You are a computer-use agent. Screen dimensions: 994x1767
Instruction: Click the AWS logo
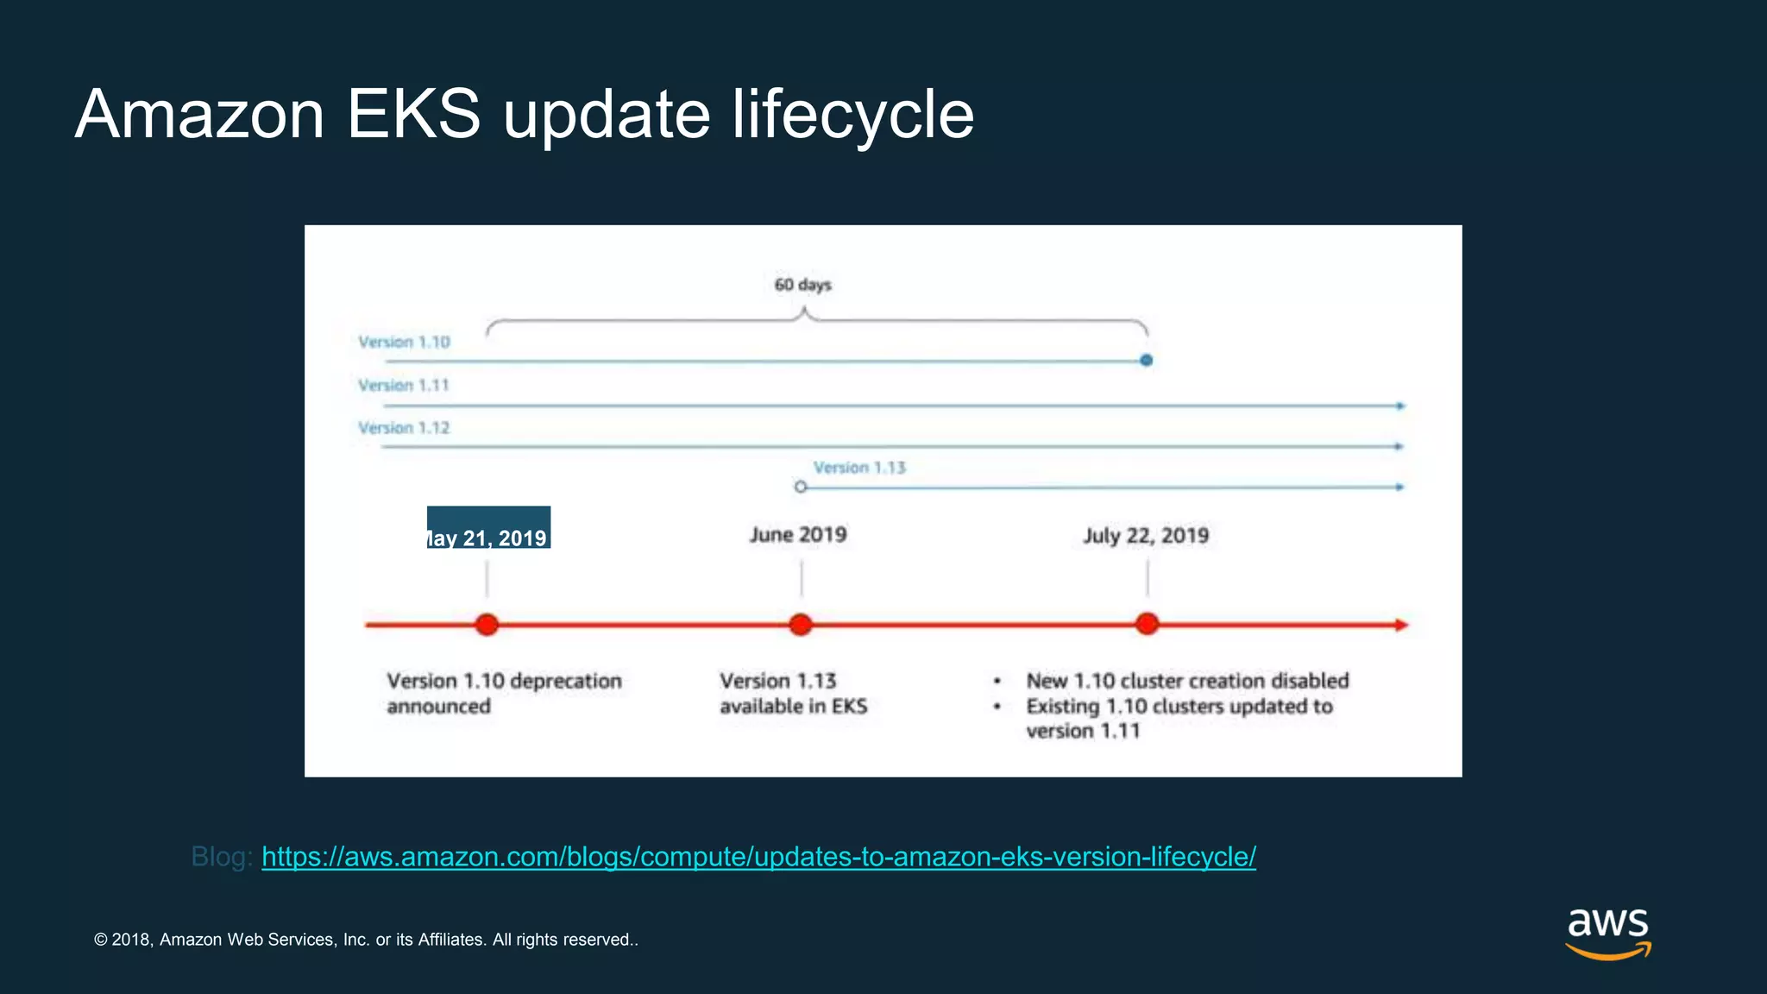coord(1607,933)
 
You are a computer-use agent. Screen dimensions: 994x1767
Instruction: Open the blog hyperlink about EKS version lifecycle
coord(758,857)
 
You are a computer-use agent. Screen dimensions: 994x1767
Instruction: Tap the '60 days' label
coord(802,285)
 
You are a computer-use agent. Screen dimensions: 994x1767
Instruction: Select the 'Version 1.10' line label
coord(404,343)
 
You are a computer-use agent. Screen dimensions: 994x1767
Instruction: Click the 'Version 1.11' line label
coord(404,386)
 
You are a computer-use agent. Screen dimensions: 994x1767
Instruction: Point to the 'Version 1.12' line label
coord(404,428)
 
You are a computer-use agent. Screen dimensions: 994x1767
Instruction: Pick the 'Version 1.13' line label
coord(859,468)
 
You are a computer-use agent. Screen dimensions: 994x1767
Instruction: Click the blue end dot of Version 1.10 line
coord(1146,361)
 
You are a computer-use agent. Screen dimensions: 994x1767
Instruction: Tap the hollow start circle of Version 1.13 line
coord(801,488)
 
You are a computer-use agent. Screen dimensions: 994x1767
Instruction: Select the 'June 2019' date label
coord(798,535)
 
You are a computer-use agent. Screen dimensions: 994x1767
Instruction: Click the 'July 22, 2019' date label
coord(1146,536)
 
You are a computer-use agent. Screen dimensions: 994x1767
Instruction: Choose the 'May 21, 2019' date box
coord(488,528)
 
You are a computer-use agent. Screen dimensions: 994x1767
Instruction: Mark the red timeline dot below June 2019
coord(801,625)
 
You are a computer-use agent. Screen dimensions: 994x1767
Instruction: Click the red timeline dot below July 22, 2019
coord(1147,624)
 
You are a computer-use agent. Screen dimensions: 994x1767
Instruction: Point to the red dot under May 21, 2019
coord(487,625)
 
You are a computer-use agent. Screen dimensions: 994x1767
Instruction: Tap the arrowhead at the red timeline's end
coord(1401,625)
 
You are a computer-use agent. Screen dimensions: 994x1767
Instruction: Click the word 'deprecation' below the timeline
coord(566,681)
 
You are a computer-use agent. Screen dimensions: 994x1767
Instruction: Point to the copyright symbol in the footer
coord(100,940)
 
